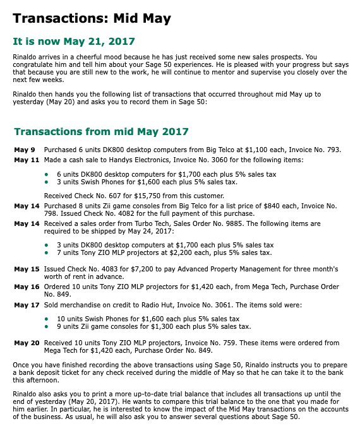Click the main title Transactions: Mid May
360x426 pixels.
coord(92,18)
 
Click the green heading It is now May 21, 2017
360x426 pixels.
coord(74,42)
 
